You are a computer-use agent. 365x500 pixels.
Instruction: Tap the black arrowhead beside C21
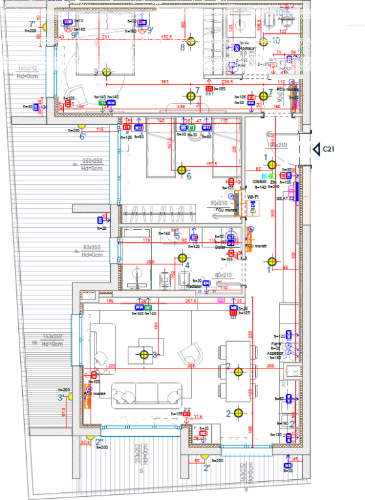point(314,149)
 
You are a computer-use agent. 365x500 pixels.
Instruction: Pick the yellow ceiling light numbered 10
point(263,42)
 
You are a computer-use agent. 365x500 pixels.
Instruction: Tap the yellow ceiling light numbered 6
point(181,169)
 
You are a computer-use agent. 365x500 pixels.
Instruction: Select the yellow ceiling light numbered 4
point(181,258)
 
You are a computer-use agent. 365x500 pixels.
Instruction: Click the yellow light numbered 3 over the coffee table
point(145,355)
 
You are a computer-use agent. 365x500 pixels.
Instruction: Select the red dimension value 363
point(164,83)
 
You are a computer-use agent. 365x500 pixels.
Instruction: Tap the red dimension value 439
point(182,107)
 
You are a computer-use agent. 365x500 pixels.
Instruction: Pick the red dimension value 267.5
point(191,301)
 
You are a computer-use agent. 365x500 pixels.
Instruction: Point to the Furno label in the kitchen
point(276,344)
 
